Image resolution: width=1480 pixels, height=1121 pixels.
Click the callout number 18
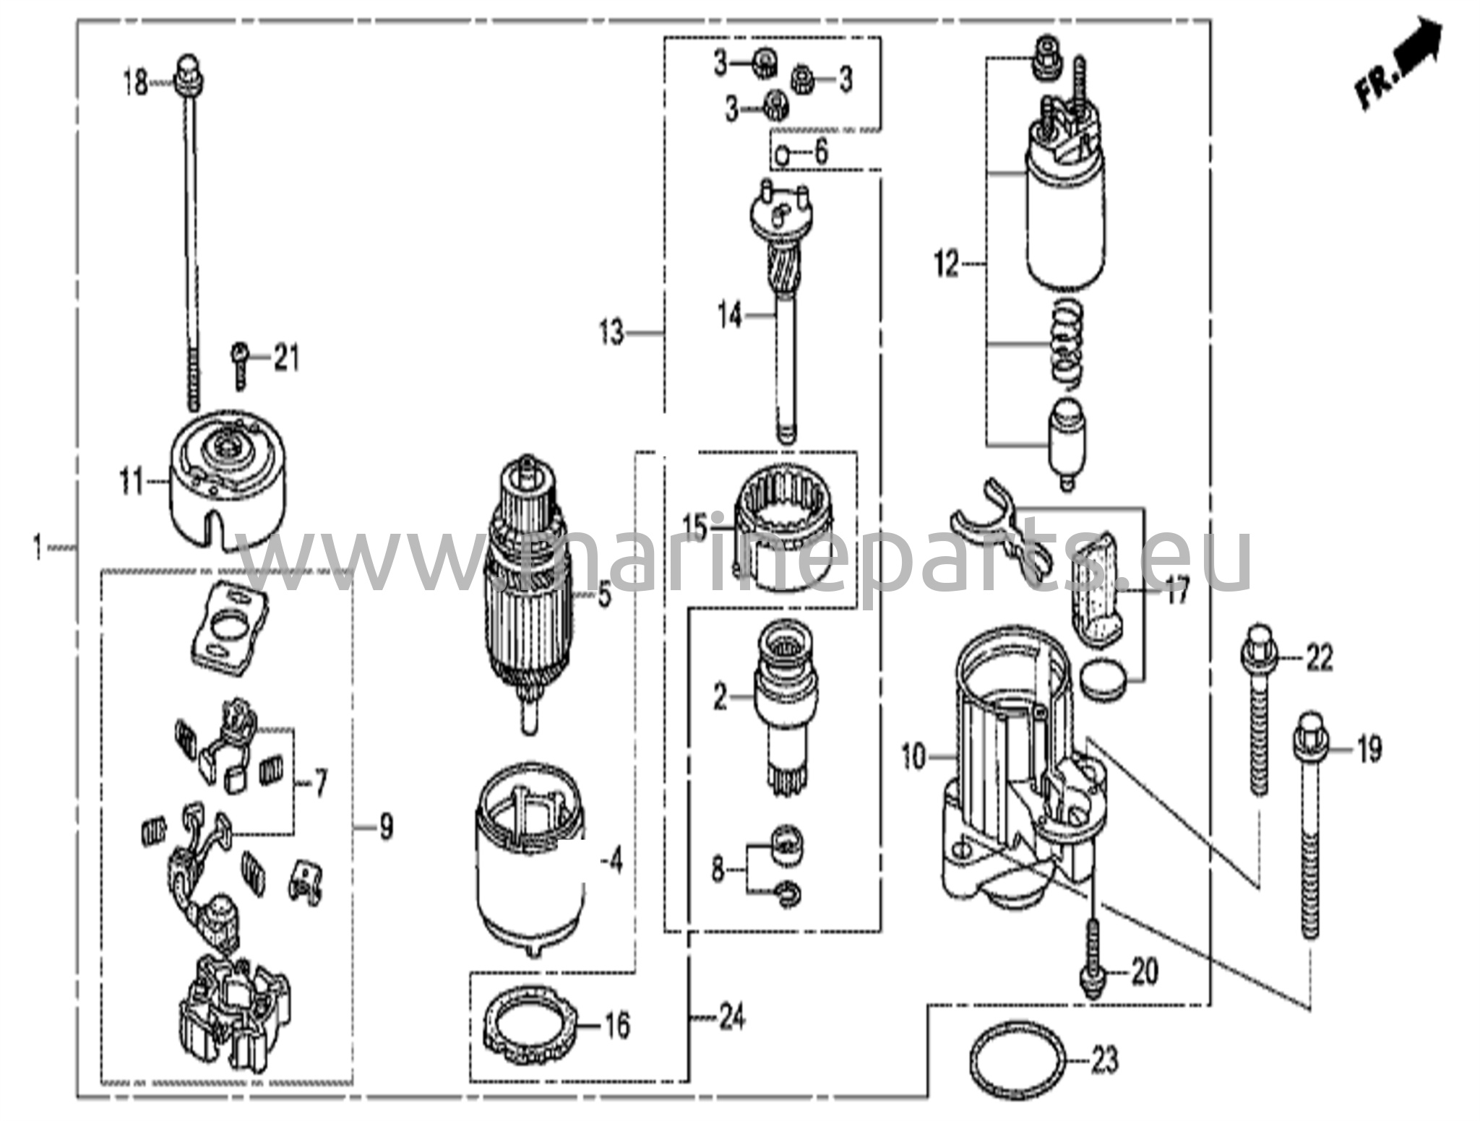pyautogui.click(x=135, y=82)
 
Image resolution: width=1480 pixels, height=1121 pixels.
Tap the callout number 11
pyautogui.click(x=132, y=482)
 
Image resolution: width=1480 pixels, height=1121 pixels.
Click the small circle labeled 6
pyautogui.click(x=783, y=154)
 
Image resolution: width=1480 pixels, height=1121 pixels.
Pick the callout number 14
pyautogui.click(x=730, y=315)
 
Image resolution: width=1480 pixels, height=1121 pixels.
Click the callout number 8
pyautogui.click(x=718, y=870)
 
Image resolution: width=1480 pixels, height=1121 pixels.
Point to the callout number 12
pyautogui.click(x=946, y=265)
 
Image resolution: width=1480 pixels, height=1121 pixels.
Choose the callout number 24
pyautogui.click(x=731, y=1019)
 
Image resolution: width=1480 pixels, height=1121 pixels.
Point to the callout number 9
pyautogui.click(x=386, y=826)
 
